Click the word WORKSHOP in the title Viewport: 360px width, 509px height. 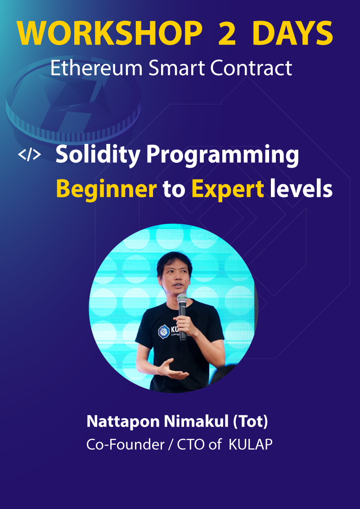pyautogui.click(x=109, y=33)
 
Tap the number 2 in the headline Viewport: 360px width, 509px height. pyautogui.click(x=227, y=33)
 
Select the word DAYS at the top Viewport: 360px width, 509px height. pyautogui.click(x=292, y=33)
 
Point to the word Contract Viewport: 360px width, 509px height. pyautogui.click(x=251, y=68)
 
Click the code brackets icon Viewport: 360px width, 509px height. pyautogui.click(x=29, y=155)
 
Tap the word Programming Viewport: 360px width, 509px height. pyautogui.click(x=223, y=156)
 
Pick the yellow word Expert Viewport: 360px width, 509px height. pyautogui.click(x=228, y=189)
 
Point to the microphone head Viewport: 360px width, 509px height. pyautogui.click(x=182, y=298)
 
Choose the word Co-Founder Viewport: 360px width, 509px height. pyautogui.click(x=126, y=445)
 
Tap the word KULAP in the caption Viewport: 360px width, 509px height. pyautogui.click(x=250, y=445)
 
